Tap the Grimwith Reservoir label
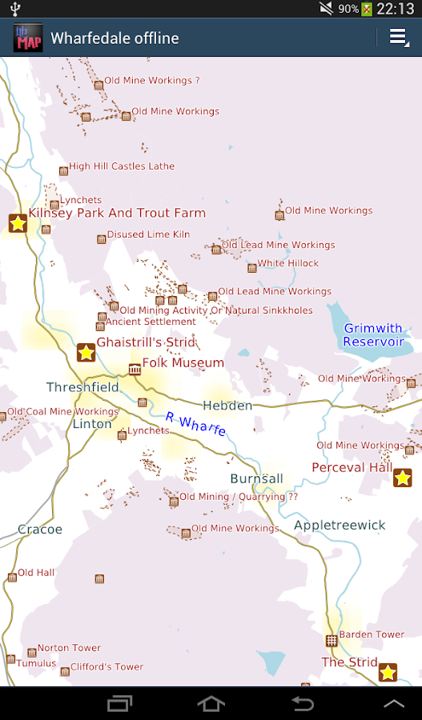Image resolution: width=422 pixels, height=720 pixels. coord(373,335)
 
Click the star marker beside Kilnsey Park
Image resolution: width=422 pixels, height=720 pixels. coord(18,223)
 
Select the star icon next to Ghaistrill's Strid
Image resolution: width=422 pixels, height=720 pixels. coord(86,352)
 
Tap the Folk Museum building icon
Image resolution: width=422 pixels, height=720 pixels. coord(135,369)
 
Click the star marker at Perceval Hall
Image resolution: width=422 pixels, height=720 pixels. coord(403,478)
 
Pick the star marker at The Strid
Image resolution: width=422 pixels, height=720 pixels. coord(388,672)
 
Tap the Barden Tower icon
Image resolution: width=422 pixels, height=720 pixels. coord(332,640)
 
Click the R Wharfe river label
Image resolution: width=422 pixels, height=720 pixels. coord(195,424)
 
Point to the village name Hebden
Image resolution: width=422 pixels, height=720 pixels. coord(227,406)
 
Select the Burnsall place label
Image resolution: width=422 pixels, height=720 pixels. coord(256,478)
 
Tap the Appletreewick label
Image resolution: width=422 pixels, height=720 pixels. coord(340,526)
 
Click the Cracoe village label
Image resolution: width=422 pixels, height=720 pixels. coord(40,530)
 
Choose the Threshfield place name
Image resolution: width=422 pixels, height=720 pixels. coord(82,387)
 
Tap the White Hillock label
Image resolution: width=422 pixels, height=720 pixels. coord(287,263)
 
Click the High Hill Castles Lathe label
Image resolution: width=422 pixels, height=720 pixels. coord(121,166)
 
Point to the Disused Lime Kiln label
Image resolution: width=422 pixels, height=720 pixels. coord(148,234)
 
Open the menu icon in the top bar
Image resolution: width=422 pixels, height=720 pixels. coord(398,38)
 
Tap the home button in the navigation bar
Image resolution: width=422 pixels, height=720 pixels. coord(211,703)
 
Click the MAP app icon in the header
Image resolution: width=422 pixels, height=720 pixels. coord(28,38)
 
